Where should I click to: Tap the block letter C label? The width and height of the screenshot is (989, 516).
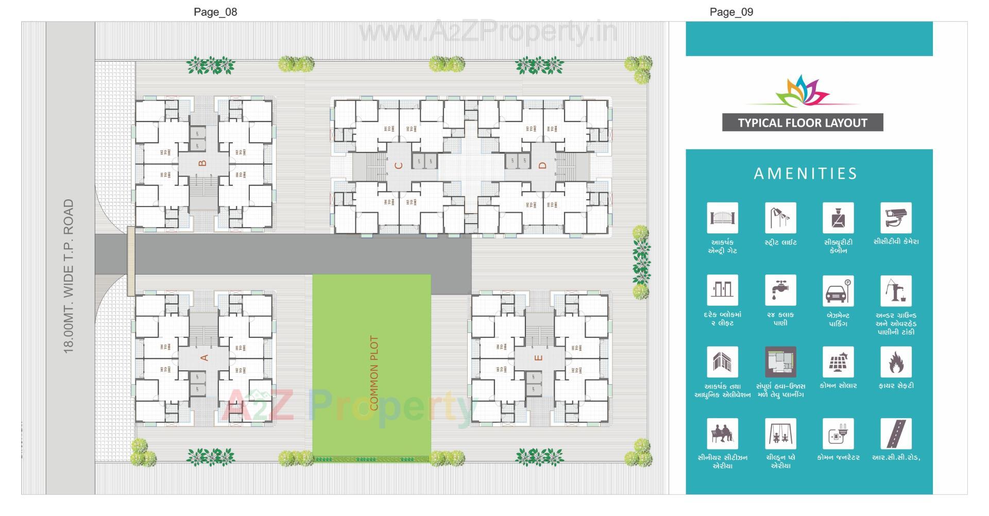(x=398, y=165)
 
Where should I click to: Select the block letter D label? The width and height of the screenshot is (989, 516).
(x=542, y=165)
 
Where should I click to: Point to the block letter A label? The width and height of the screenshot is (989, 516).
(x=204, y=357)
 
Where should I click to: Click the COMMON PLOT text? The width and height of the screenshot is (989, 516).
(x=374, y=373)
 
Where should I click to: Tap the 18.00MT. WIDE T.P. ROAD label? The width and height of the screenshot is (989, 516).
(x=69, y=276)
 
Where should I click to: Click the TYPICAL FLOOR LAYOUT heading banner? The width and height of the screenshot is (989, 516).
(x=802, y=123)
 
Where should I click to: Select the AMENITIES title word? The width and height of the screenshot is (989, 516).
(x=806, y=174)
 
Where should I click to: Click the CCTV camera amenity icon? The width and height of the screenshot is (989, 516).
(x=896, y=218)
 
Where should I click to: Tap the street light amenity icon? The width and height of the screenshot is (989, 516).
(x=780, y=218)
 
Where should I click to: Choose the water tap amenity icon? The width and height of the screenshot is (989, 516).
(x=780, y=290)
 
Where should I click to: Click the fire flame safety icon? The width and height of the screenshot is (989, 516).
(x=896, y=362)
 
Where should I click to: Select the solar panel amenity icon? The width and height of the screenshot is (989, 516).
(x=838, y=362)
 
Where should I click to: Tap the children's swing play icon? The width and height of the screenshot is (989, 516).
(x=780, y=434)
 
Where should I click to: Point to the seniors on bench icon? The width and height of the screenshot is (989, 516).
(x=722, y=434)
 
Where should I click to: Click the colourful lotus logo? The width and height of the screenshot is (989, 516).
(x=802, y=91)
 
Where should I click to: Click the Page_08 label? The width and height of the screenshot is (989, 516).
(x=215, y=12)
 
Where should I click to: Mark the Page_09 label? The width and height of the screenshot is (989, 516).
(x=731, y=12)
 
